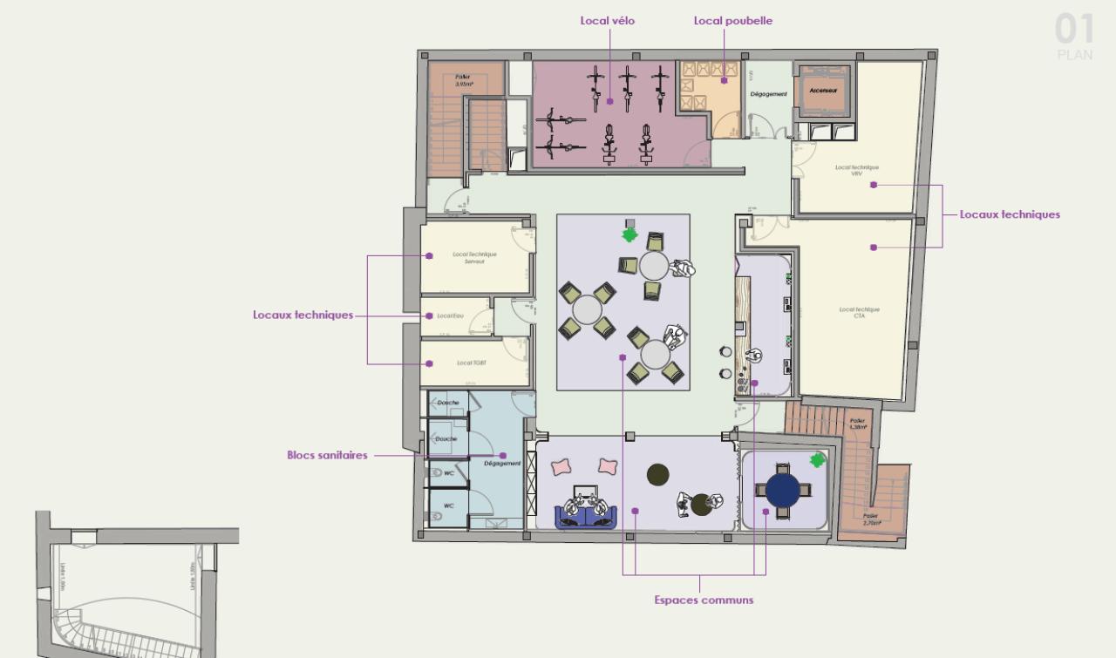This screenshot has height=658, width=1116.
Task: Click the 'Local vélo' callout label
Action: [608, 21]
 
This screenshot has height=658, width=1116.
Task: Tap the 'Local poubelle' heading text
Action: [732, 21]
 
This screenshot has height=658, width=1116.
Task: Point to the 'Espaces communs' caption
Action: [704, 600]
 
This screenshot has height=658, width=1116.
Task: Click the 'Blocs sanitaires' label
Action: [327, 455]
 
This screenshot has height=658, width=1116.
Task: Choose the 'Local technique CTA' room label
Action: [859, 313]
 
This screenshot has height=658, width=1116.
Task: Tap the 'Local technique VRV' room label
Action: [856, 170]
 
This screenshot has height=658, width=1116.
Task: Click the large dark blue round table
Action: [783, 490]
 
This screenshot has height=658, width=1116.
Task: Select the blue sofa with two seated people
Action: [587, 513]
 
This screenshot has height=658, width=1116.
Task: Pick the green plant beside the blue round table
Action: [817, 459]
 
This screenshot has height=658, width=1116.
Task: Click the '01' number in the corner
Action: [1074, 30]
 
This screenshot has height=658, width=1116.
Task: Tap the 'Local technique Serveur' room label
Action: [474, 258]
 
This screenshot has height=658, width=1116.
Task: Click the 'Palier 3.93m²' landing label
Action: [463, 80]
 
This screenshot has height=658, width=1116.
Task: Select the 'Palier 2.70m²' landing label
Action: [871, 520]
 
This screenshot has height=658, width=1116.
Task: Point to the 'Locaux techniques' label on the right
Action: [1010, 214]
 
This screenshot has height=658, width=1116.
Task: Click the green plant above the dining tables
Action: [629, 234]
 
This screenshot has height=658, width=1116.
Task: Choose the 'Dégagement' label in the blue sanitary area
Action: [501, 464]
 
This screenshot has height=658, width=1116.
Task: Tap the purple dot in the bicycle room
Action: [610, 101]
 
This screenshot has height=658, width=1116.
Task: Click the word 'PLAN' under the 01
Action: [1074, 55]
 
